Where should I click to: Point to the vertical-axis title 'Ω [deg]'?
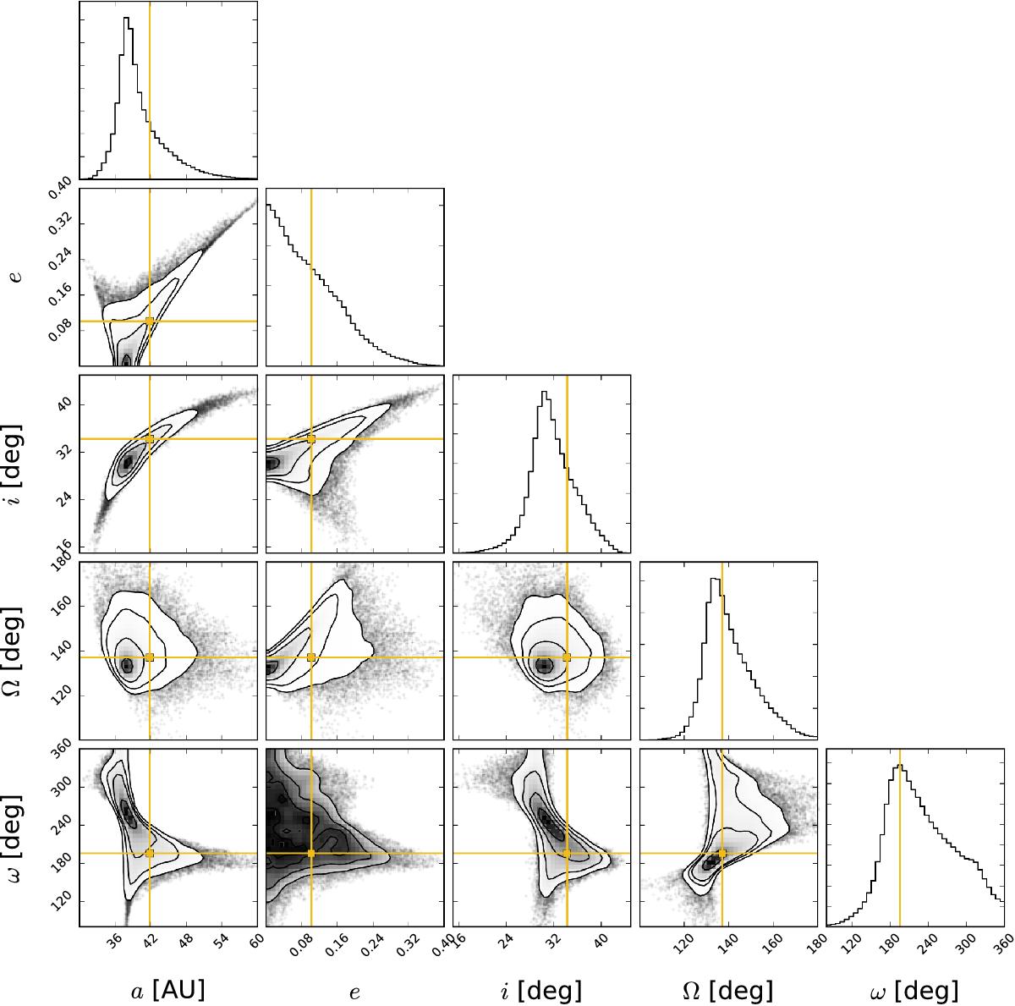pyautogui.click(x=14, y=651)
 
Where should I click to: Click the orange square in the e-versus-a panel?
pyautogui.click(x=150, y=321)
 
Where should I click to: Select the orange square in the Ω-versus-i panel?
pyautogui.click(x=567, y=657)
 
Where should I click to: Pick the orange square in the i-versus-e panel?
pyautogui.click(x=311, y=439)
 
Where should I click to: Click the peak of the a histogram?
pyautogui.click(x=126, y=18)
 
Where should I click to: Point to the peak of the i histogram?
pyautogui.click(x=545, y=392)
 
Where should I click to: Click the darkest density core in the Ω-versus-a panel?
pyautogui.click(x=126, y=665)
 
